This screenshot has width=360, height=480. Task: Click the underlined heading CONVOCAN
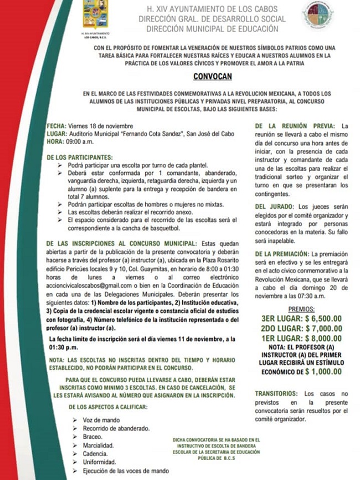click(213, 77)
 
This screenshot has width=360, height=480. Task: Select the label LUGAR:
click(57, 134)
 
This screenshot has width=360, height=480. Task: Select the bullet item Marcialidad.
click(99, 445)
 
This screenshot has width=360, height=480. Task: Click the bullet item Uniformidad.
click(99, 462)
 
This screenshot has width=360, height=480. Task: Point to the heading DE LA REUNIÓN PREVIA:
click(295, 126)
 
